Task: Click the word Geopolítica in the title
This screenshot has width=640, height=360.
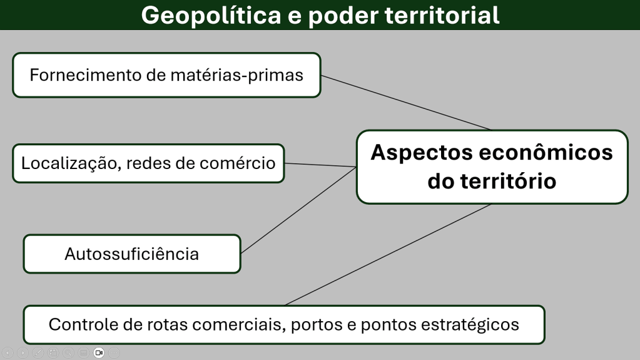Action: coord(211,16)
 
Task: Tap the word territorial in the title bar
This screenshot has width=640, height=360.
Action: coord(442,15)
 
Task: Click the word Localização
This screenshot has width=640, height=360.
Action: coord(71,163)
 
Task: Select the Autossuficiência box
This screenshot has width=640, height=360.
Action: coord(132,254)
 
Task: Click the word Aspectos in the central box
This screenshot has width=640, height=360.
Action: coord(421,153)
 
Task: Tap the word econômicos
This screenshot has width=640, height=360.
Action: coord(546,152)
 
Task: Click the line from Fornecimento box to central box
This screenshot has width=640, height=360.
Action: coord(406,103)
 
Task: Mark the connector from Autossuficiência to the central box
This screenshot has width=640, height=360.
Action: coord(298,210)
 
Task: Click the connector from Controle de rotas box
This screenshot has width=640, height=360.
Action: coord(388,254)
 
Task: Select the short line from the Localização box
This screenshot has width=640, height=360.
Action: coord(320,165)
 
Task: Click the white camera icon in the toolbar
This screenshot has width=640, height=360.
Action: coord(99,352)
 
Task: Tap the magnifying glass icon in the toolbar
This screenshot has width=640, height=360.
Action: coord(69,352)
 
